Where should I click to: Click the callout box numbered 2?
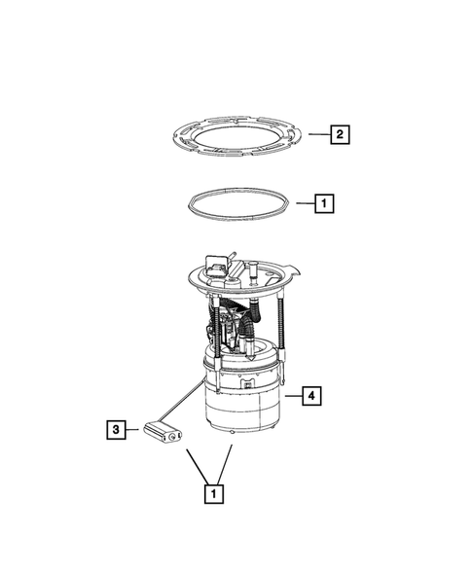pyautogui.click(x=339, y=134)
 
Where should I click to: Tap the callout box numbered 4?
pyautogui.click(x=309, y=396)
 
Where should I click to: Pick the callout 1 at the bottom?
pyautogui.click(x=211, y=493)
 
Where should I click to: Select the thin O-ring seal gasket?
pyautogui.click(x=238, y=207)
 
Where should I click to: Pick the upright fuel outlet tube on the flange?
pyautogui.click(x=251, y=269)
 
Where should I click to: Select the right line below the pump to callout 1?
pyautogui.click(x=227, y=461)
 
